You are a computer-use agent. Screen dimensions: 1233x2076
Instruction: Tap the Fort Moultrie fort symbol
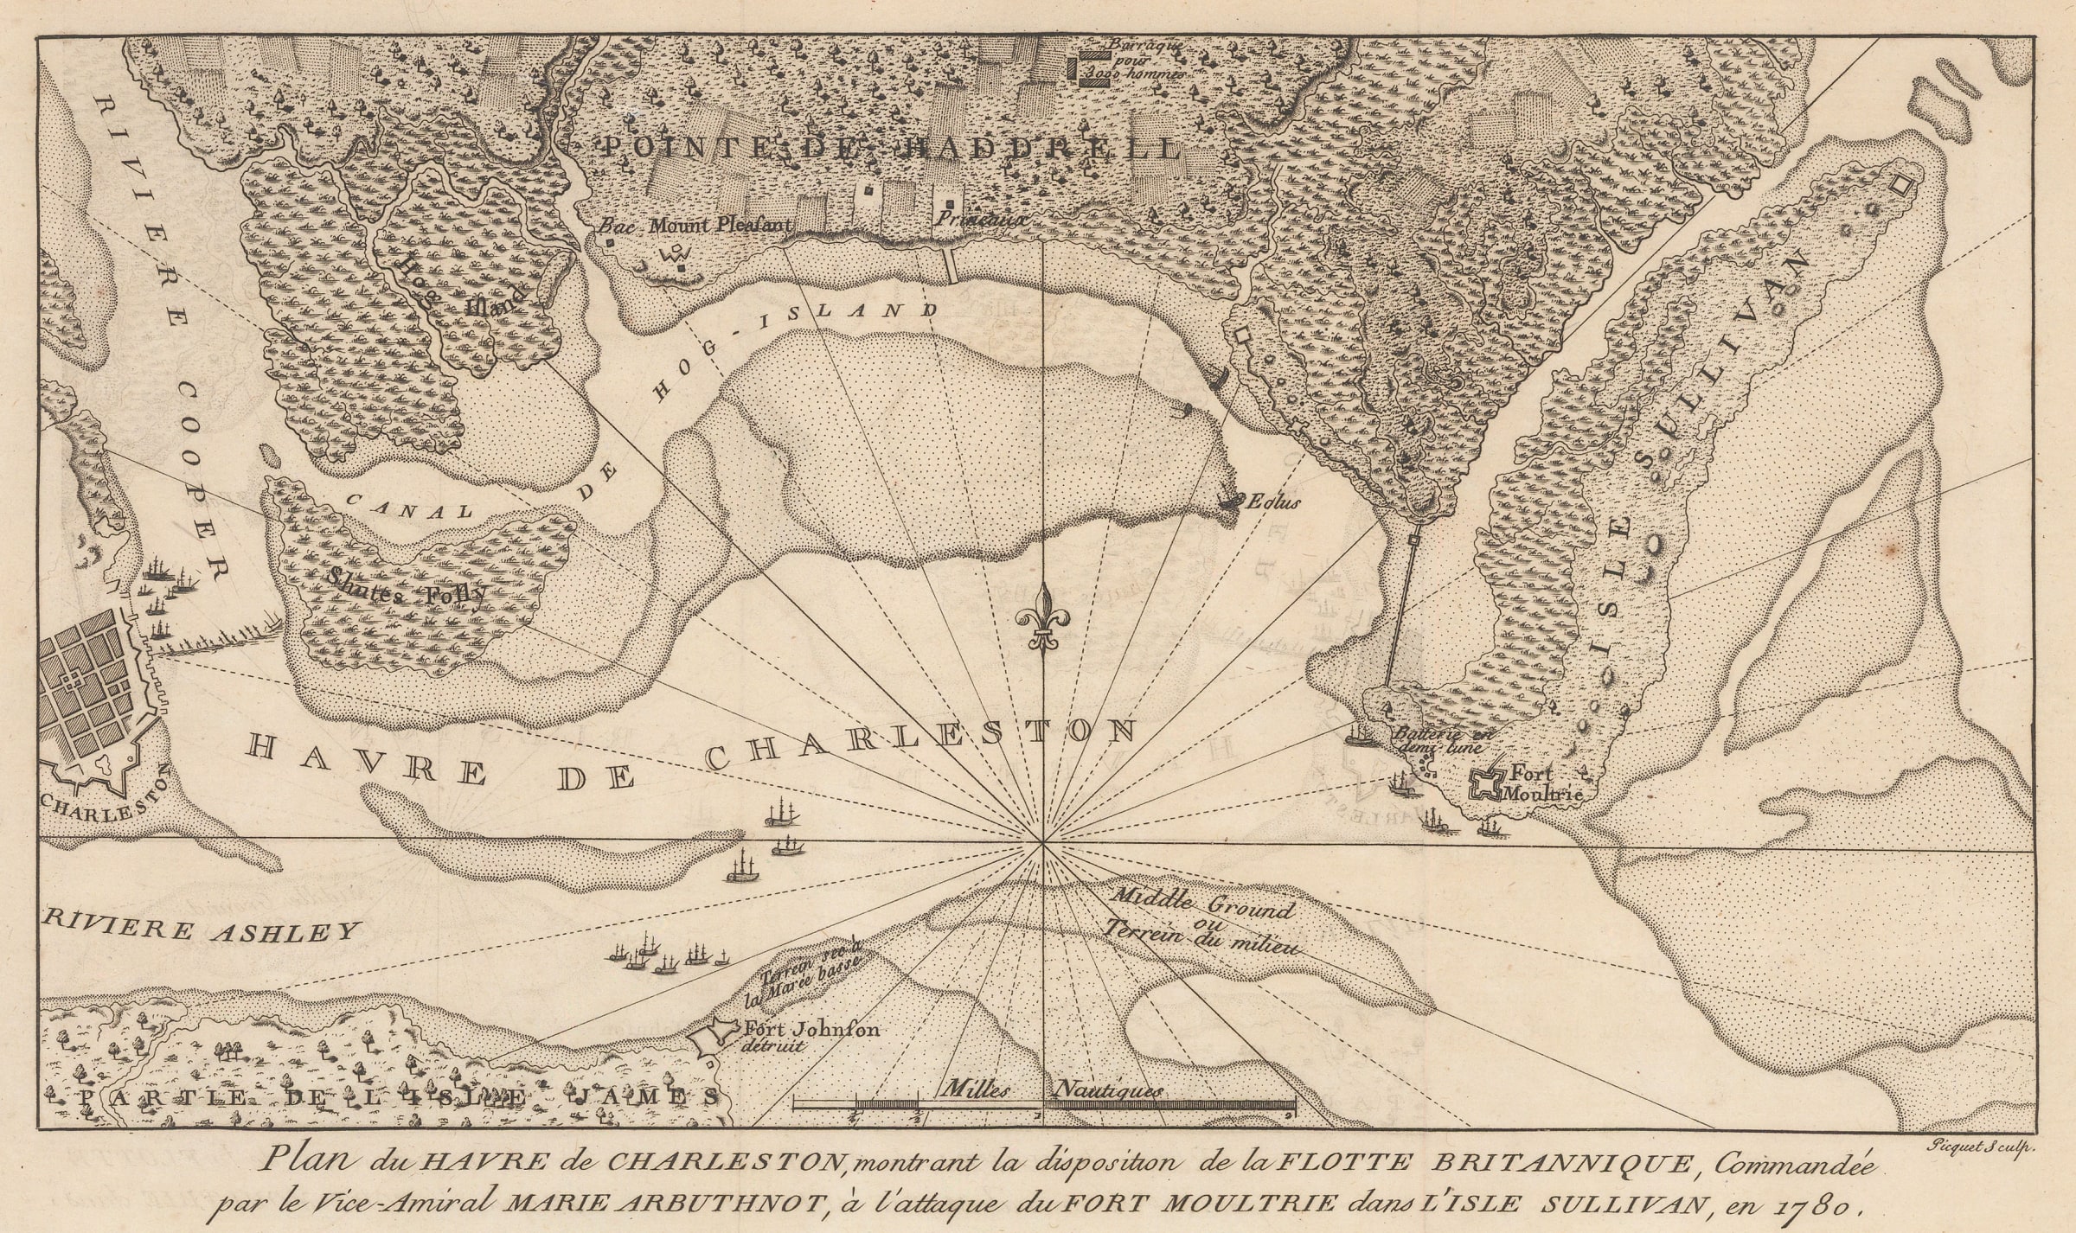pos(1487,783)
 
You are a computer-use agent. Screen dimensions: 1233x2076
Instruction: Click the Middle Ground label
pos(1202,904)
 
